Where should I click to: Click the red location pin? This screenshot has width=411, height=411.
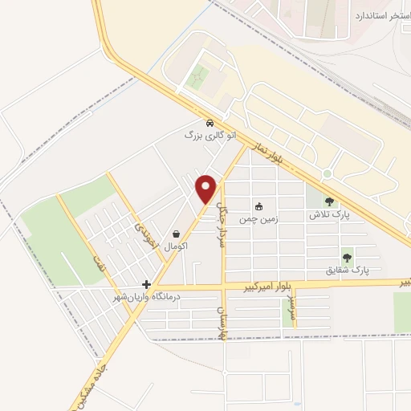[x=207, y=188]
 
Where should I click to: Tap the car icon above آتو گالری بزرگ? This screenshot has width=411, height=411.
[x=210, y=124]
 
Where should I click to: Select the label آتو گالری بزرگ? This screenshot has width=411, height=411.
[x=210, y=136]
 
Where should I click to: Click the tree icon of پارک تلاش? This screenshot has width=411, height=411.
[x=330, y=201]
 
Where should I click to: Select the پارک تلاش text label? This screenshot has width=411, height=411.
[x=330, y=215]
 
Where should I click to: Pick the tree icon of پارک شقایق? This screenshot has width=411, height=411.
[x=347, y=258]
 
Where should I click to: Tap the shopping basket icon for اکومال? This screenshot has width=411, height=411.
[x=175, y=234]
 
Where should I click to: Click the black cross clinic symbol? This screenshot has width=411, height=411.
[x=146, y=284]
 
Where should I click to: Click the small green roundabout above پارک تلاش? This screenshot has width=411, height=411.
[x=327, y=174]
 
